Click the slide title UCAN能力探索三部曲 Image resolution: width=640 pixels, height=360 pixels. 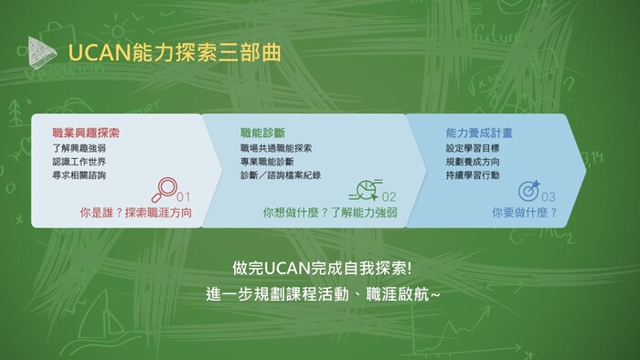point(174,52)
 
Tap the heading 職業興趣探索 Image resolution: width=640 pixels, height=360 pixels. point(86,132)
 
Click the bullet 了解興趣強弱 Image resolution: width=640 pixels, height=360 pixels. point(79,147)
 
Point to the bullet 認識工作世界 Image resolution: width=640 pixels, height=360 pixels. point(79,161)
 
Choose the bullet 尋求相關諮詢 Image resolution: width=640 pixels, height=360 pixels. point(79,175)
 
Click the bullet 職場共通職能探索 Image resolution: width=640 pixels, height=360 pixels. point(276,147)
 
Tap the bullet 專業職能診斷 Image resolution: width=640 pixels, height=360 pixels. point(265,161)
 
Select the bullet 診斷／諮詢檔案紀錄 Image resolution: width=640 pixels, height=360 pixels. point(281,175)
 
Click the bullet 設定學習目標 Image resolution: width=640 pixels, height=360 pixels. point(473,147)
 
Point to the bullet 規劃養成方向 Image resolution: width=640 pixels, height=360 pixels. point(473,161)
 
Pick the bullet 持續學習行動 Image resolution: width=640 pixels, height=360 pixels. point(473,175)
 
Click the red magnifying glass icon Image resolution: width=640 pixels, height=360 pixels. point(165,189)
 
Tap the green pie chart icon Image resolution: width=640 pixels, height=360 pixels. point(365,189)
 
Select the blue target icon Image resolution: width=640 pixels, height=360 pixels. point(529,190)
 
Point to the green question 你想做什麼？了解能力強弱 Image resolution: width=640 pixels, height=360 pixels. point(330,213)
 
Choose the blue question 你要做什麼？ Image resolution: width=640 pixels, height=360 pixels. point(525,213)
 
